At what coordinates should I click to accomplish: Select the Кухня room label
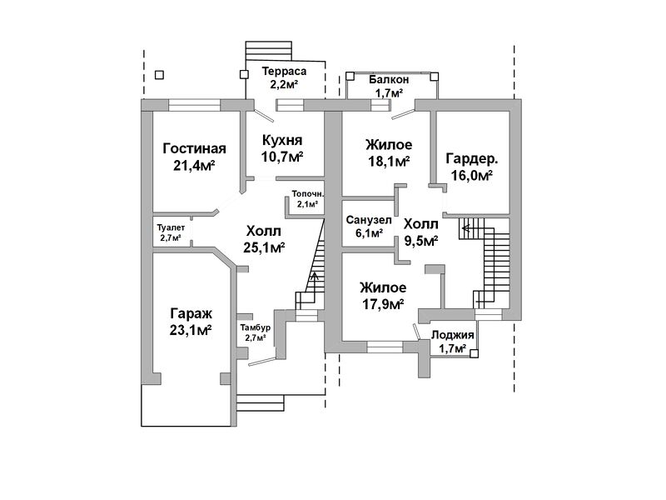pyautogui.click(x=281, y=140)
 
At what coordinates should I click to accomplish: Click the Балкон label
pyautogui.click(x=389, y=79)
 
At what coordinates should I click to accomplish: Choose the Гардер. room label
pyautogui.click(x=472, y=159)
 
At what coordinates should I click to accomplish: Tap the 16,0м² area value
pyautogui.click(x=472, y=176)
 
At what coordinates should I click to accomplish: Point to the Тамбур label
pyautogui.click(x=255, y=327)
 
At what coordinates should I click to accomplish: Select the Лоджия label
pyautogui.click(x=453, y=335)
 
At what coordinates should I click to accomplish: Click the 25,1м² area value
pyautogui.click(x=265, y=247)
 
